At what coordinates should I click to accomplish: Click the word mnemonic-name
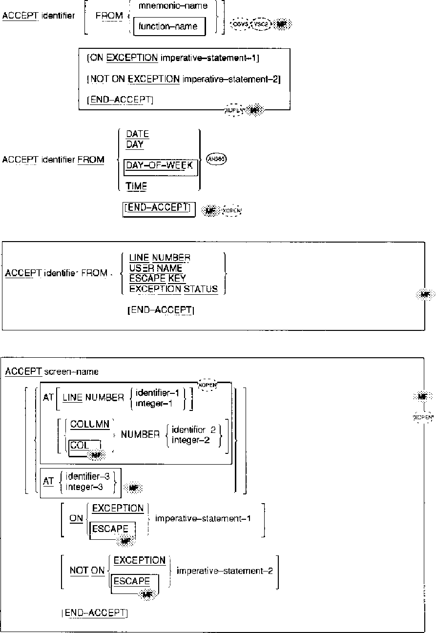(x=166, y=6)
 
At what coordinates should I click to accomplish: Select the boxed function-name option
(x=168, y=26)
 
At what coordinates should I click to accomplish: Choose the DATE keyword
(x=137, y=134)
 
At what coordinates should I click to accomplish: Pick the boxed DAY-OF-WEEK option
(x=160, y=165)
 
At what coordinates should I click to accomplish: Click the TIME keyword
(x=136, y=186)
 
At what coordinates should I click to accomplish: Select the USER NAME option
(x=156, y=268)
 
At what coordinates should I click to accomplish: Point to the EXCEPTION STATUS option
(x=173, y=289)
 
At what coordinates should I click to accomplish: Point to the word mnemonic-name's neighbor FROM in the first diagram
(x=109, y=16)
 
